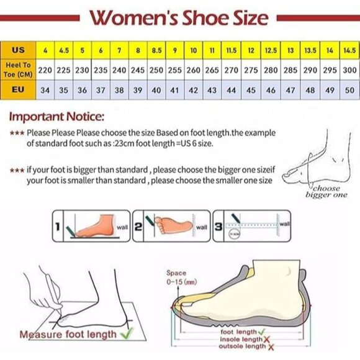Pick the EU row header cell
[x=19, y=91]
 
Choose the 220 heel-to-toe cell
[x=45, y=70]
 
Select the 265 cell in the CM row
[x=212, y=70]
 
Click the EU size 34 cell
[x=45, y=91]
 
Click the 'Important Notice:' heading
[x=56, y=116]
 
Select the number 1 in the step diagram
[x=56, y=228]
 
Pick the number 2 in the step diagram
[x=139, y=228]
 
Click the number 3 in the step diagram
[x=219, y=228]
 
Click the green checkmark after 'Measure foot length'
[x=126, y=334]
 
